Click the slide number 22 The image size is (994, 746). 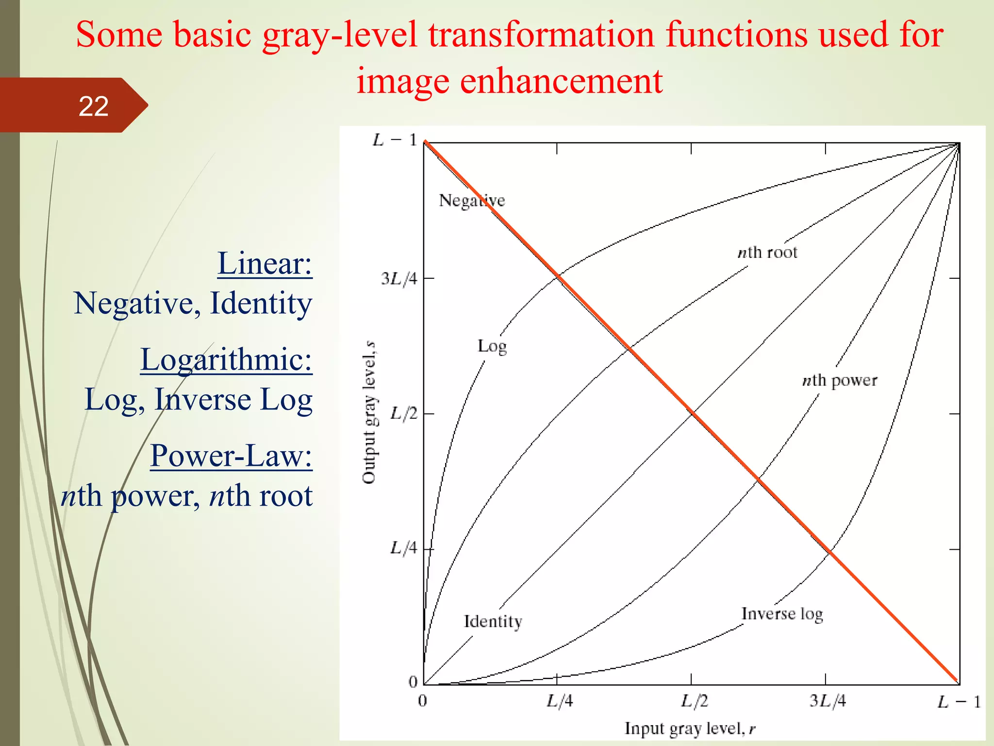(93, 106)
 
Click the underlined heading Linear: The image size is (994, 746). (265, 264)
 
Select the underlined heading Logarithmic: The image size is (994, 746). (226, 360)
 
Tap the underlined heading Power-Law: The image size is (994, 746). (231, 456)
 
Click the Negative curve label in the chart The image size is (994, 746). (472, 200)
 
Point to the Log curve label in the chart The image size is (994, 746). (492, 346)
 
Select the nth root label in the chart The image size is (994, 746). (767, 253)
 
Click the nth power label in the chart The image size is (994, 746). (840, 380)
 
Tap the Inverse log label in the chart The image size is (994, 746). (782, 614)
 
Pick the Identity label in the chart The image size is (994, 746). (493, 622)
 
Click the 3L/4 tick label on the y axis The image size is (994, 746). (399, 279)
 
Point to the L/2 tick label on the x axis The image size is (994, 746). (694, 701)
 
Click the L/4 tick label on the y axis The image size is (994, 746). (403, 548)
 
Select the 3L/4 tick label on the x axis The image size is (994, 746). (828, 701)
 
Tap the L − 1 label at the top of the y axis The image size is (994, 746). (395, 140)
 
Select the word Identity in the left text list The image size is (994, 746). (261, 304)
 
